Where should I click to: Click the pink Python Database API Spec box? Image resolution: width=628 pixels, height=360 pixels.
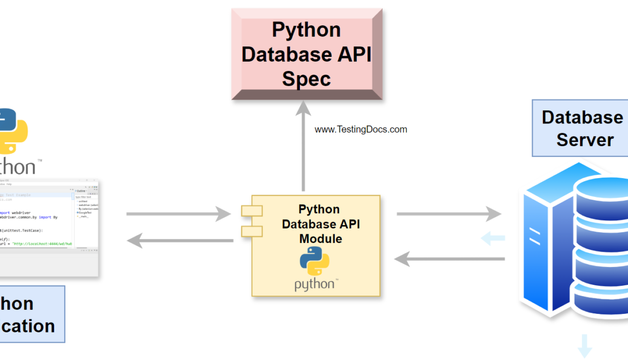pyautogui.click(x=306, y=54)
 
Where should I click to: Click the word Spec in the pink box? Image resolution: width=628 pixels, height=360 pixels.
pyautogui.click(x=306, y=79)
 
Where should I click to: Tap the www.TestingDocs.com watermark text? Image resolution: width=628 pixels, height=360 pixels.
pyautogui.click(x=361, y=129)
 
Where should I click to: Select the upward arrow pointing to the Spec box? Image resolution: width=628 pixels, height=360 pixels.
pyautogui.click(x=303, y=146)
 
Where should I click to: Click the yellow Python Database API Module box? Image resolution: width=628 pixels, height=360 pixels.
pyautogui.click(x=316, y=246)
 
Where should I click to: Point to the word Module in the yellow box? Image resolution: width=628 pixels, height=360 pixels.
pyautogui.click(x=321, y=238)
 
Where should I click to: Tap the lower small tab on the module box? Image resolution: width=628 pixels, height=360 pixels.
pyautogui.click(x=252, y=231)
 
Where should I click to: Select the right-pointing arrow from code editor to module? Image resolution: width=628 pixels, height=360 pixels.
pyautogui.click(x=179, y=214)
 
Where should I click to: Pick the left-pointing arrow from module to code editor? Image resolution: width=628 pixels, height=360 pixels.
pyautogui.click(x=179, y=240)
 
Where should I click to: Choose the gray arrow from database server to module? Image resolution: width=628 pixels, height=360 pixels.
pyautogui.click(x=449, y=259)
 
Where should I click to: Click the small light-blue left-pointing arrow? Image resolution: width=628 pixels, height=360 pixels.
pyautogui.click(x=493, y=238)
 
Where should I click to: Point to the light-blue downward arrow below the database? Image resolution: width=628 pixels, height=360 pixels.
pyautogui.click(x=585, y=345)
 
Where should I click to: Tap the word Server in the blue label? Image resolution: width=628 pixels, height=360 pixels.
pyautogui.click(x=585, y=140)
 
